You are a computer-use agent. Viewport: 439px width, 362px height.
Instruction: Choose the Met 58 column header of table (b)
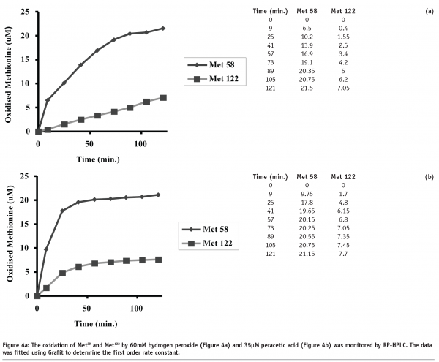pyautogui.click(x=308, y=177)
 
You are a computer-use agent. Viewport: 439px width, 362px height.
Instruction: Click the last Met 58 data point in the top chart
pyautogui.click(x=162, y=28)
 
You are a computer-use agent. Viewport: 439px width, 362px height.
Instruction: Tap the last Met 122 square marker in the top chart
pyautogui.click(x=162, y=97)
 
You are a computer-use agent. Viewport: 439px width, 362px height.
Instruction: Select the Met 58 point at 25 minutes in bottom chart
pyautogui.click(x=63, y=211)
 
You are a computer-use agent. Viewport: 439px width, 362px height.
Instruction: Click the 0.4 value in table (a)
pyautogui.click(x=340, y=30)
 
